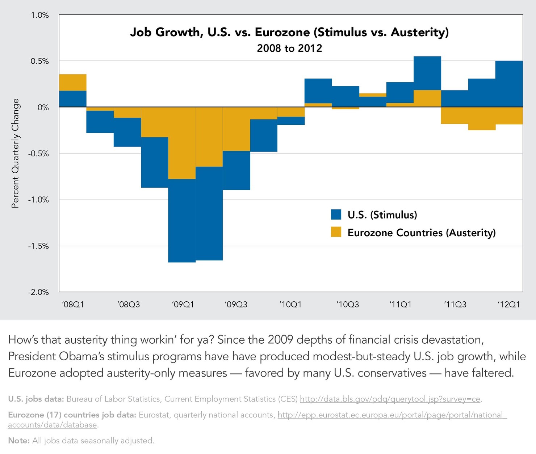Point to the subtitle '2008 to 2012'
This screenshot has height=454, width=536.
[289, 48]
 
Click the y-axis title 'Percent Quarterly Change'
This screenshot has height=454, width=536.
[15, 153]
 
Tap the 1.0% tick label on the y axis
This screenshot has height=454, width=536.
[39, 15]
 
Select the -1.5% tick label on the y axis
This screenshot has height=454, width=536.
[38, 246]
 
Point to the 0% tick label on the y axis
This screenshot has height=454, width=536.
[43, 107]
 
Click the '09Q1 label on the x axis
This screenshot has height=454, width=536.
[183, 304]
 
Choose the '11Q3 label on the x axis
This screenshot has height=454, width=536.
[455, 304]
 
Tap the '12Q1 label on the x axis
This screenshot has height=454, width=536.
[508, 304]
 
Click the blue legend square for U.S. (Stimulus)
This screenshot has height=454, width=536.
[336, 215]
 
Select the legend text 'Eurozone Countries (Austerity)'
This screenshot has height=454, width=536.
[421, 233]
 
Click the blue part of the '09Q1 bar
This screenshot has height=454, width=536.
[182, 221]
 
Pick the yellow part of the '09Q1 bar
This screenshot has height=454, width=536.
[182, 143]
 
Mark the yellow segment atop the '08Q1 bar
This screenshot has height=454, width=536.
[72, 82]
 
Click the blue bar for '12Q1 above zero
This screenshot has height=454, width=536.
[509, 84]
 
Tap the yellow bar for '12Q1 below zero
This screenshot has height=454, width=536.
[509, 116]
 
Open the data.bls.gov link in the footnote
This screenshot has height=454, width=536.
[390, 399]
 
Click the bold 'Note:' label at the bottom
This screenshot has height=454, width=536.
[19, 441]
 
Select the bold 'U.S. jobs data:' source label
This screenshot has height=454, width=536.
[36, 399]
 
